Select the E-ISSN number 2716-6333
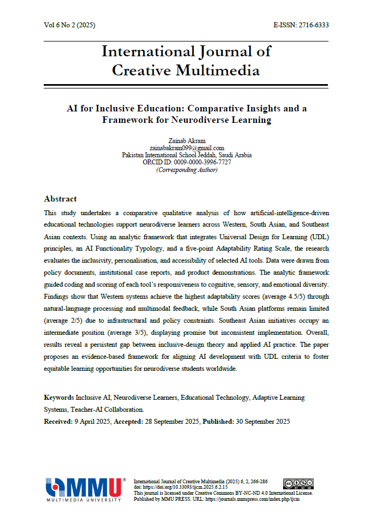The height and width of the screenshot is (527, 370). (x=310, y=26)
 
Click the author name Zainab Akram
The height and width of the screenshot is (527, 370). (x=186, y=141)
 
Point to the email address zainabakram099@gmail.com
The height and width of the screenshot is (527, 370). (x=186, y=148)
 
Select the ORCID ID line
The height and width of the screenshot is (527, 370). (x=186, y=162)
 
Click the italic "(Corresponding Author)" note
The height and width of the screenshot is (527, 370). (x=186, y=169)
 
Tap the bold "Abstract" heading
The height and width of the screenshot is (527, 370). (x=60, y=199)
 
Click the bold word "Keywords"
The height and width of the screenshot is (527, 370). (x=59, y=398)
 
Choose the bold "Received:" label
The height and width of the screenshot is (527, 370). (x=58, y=422)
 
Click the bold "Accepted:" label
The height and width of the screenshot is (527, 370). (x=129, y=422)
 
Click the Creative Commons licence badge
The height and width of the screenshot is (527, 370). (x=298, y=484)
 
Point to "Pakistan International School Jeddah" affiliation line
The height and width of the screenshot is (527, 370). (x=186, y=155)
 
